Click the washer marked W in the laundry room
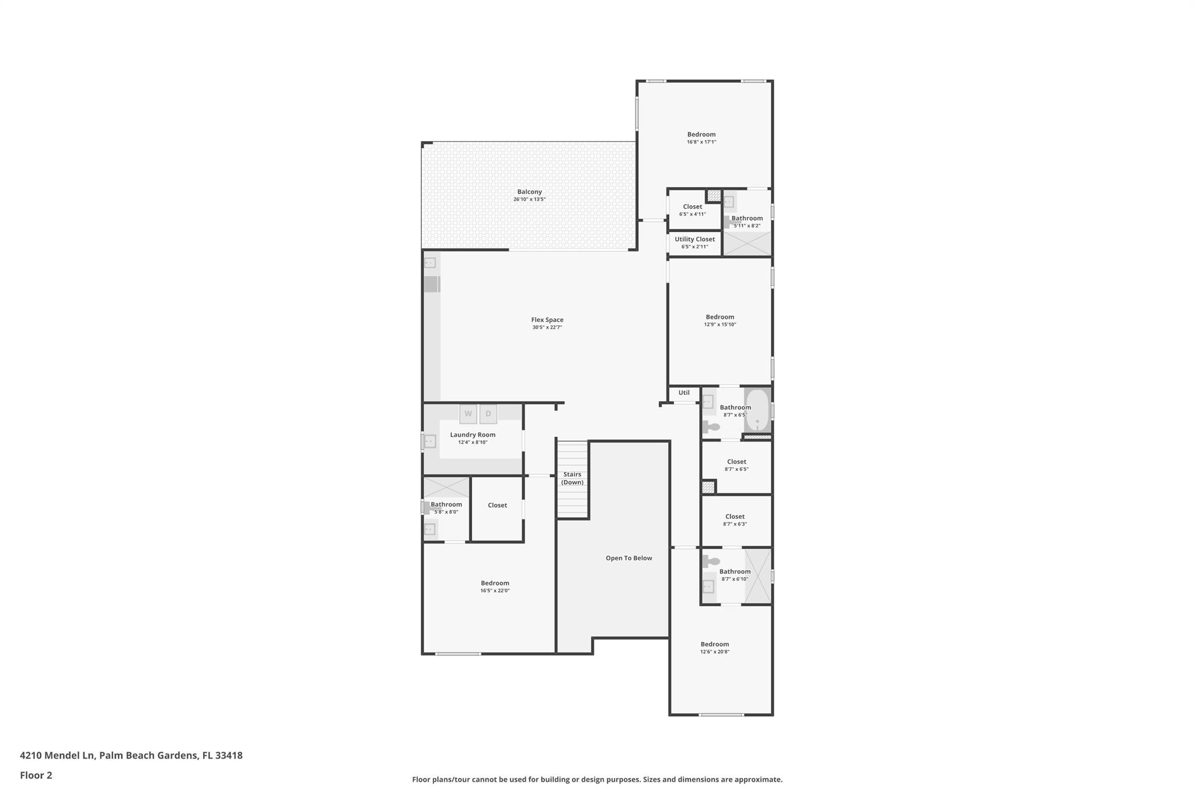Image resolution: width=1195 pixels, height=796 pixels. click(468, 414)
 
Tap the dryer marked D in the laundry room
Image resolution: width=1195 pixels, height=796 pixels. click(488, 414)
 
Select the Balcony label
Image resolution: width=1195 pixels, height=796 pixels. click(529, 192)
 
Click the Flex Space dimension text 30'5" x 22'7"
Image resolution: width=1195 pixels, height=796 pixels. click(547, 328)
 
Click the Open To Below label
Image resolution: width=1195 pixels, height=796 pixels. click(628, 558)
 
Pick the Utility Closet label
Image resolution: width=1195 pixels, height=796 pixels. click(694, 239)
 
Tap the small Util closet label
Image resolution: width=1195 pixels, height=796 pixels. click(684, 393)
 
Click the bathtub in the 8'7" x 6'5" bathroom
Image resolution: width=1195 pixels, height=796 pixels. click(757, 411)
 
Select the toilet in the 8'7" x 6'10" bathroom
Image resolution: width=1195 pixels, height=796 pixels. click(711, 562)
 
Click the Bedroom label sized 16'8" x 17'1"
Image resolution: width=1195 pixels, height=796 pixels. click(701, 135)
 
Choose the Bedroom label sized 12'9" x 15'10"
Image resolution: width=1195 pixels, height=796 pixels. click(719, 317)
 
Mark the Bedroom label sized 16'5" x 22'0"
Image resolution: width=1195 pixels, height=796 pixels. click(495, 583)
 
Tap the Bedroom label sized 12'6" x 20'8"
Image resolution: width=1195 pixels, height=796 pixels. click(714, 644)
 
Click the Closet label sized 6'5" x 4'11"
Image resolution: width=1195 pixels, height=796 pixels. click(693, 207)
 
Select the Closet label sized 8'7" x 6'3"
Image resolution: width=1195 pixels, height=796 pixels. click(735, 517)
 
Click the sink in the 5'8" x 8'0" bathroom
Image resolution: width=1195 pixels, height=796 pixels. click(430, 530)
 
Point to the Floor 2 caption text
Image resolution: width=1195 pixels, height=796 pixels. click(36, 776)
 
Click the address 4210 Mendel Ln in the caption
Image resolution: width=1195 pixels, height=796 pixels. click(57, 756)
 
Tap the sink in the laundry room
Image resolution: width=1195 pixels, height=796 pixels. click(430, 441)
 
